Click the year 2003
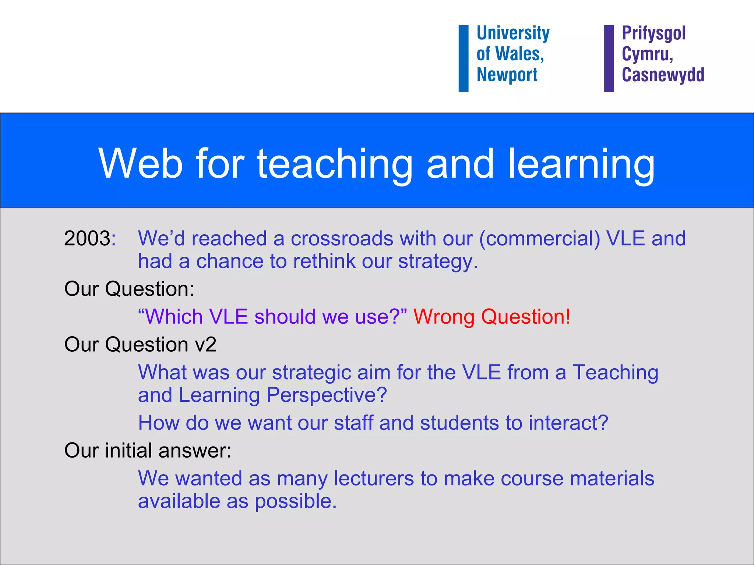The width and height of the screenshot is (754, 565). (87, 238)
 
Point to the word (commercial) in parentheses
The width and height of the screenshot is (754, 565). (539, 238)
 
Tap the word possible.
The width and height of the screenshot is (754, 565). (295, 501)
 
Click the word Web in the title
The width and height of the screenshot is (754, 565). (140, 164)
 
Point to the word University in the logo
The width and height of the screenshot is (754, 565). (513, 33)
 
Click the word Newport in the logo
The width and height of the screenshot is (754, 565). (507, 75)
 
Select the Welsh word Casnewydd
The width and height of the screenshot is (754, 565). (663, 75)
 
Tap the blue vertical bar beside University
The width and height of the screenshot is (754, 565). (464, 58)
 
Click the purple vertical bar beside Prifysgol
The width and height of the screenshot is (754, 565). (609, 58)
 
